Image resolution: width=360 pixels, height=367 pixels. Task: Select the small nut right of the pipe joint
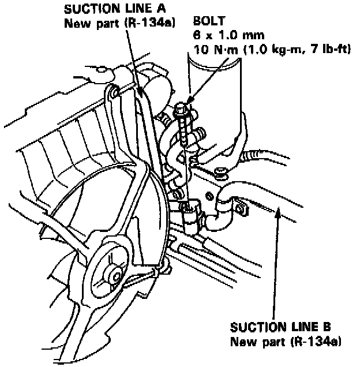(219, 171)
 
